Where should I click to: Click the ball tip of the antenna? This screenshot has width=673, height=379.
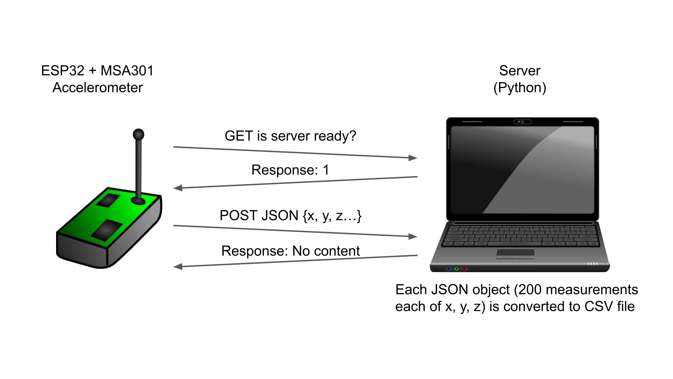pos(138,134)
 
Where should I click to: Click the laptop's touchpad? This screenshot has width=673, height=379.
pos(515,254)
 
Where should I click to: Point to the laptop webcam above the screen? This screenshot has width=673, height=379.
pos(522,122)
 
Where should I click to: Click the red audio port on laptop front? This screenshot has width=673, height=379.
pos(464,269)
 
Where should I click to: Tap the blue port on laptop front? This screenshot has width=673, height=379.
pos(448,269)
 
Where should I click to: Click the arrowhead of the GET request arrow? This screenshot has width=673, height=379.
pos(413,158)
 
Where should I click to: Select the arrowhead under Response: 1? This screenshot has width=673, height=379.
pos(178,188)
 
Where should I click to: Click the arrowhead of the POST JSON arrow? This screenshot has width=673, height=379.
pos(413,236)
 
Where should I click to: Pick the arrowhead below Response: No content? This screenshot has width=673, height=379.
pos(178,267)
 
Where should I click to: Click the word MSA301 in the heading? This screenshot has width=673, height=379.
pos(127,71)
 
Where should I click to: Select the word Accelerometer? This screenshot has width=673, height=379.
pos(97,88)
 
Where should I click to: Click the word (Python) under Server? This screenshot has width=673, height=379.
pos(519,88)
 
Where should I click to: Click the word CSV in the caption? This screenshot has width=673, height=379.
pos(597,307)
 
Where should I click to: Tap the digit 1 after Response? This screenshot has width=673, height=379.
pos(326,170)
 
